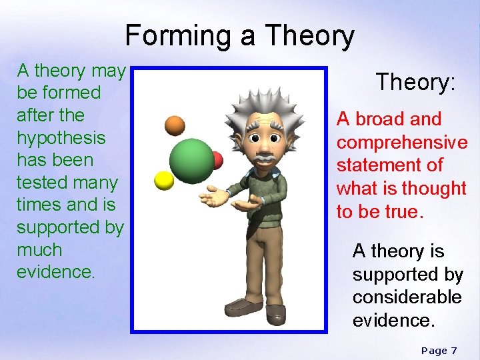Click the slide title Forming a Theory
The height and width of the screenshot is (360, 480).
[x=239, y=36]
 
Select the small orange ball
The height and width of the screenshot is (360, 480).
[x=175, y=125]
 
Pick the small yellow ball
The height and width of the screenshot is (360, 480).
[x=164, y=180]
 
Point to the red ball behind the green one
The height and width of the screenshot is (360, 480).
[x=217, y=160]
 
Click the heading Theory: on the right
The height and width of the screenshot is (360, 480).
[x=415, y=82]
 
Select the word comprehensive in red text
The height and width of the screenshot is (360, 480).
[x=402, y=143]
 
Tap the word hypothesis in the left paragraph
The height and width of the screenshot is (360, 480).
[x=61, y=137]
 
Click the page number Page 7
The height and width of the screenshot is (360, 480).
[x=439, y=350]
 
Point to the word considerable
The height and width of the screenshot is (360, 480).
[x=407, y=297]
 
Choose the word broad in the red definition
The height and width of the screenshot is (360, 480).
[x=380, y=119]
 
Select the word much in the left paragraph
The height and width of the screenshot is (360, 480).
[x=39, y=250]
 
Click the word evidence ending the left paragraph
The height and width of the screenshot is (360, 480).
[x=55, y=272]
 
